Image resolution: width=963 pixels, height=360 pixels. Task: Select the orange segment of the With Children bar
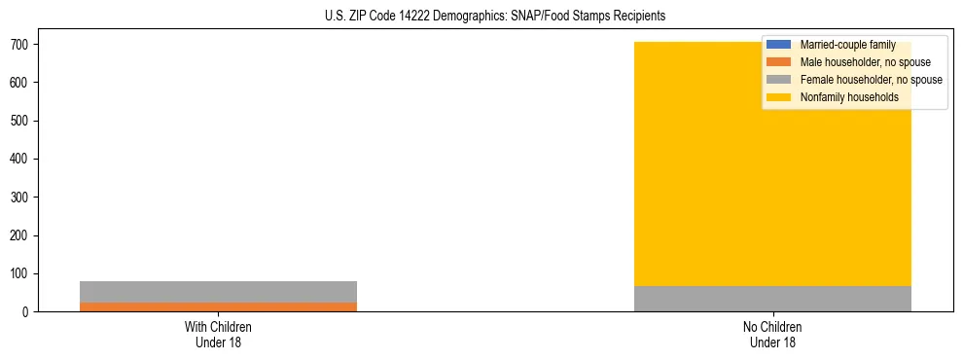218,306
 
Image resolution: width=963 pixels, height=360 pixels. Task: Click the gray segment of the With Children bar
218,292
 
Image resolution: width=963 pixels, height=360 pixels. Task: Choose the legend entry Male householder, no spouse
865,62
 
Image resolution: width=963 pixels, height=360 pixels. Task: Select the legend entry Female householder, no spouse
871,80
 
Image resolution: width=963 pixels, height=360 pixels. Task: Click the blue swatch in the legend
780,45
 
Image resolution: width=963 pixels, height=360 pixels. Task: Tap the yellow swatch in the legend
780,97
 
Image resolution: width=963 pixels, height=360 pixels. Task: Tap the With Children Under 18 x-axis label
218,334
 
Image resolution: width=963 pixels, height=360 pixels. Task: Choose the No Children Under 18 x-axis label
772,334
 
